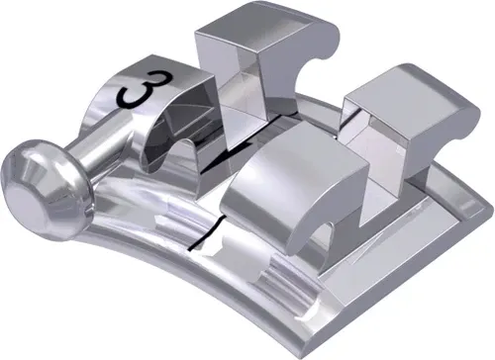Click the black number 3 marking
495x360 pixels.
pos(139,93)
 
